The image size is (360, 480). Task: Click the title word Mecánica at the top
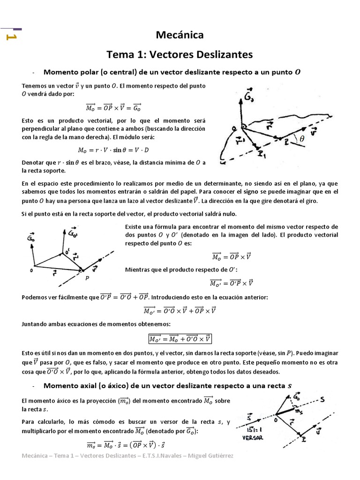180,35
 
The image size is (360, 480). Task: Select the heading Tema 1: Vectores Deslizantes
180,54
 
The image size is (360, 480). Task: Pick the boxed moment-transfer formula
180,338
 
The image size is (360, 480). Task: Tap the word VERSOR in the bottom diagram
253,438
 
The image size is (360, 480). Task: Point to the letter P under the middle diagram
87,277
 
